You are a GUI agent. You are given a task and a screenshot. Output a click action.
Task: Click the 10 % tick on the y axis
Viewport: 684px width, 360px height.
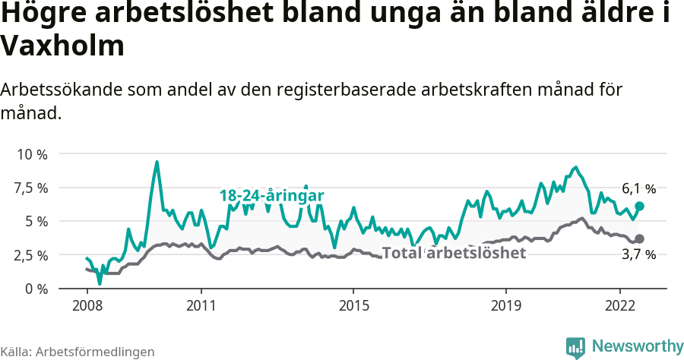click(31, 154)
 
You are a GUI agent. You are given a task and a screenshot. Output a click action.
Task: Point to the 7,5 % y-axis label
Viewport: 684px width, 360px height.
click(31, 188)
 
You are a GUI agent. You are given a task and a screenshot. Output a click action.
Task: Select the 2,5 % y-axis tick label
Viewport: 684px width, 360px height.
click(31, 255)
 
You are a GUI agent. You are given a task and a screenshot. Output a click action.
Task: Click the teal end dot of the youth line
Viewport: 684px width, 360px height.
click(640, 206)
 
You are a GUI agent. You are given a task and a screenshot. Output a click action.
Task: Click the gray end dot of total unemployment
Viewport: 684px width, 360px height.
click(640, 238)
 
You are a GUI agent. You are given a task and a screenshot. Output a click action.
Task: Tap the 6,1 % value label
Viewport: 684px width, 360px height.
click(638, 188)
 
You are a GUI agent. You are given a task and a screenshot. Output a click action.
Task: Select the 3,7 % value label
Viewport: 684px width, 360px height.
click(638, 255)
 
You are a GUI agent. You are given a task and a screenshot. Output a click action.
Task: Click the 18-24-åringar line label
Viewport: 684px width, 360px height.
click(272, 196)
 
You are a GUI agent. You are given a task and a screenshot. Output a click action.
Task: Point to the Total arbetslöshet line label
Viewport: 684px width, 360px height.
click(454, 253)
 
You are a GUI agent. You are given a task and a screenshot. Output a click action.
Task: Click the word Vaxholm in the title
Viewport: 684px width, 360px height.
click(62, 47)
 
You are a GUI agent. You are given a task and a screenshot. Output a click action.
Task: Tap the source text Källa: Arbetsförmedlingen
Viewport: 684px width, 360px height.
click(78, 352)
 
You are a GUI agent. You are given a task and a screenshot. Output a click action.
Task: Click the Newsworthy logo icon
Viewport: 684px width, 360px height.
click(575, 347)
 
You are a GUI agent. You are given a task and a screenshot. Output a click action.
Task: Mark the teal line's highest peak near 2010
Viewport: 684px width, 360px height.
click(157, 162)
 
